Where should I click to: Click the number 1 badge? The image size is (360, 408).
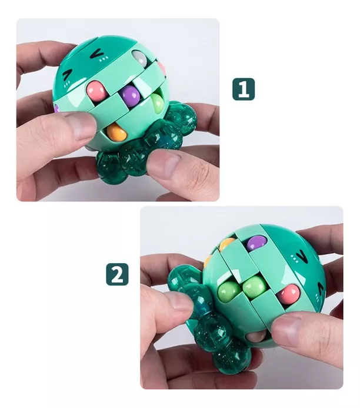click(x=244, y=88)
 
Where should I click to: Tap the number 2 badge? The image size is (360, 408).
click(x=117, y=274)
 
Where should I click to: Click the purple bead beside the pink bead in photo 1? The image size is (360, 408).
click(x=130, y=94)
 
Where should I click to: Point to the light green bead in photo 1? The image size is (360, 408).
click(x=157, y=102)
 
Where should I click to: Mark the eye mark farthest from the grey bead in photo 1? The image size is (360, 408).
click(x=68, y=75)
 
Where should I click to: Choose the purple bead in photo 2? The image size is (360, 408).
click(x=255, y=242)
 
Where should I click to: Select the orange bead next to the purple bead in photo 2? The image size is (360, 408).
click(x=228, y=244)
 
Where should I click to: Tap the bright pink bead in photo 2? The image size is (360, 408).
click(x=290, y=292)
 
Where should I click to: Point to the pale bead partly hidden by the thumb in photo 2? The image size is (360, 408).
click(x=257, y=336)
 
